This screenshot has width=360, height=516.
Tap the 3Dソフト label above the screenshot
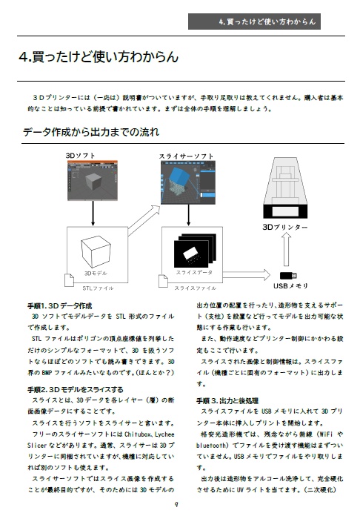pos(81,156)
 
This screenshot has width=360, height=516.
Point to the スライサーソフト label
pos(187,156)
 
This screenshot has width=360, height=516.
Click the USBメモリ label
pos(290,285)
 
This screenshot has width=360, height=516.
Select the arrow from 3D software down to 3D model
pos(92,214)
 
